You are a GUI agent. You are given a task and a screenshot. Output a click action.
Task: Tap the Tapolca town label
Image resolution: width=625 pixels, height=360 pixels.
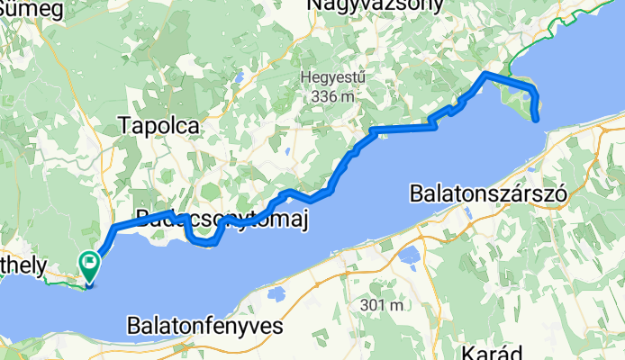[159, 127]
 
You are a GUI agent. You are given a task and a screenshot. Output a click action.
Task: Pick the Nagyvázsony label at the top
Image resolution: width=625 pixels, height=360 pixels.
[376, 6]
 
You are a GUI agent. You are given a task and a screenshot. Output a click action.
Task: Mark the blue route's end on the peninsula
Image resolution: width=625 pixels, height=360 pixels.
[537, 118]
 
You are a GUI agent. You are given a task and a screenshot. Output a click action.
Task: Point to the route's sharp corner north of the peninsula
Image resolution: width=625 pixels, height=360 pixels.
[485, 73]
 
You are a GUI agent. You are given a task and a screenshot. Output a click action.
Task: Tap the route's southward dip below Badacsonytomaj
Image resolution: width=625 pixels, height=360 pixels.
[205, 241]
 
